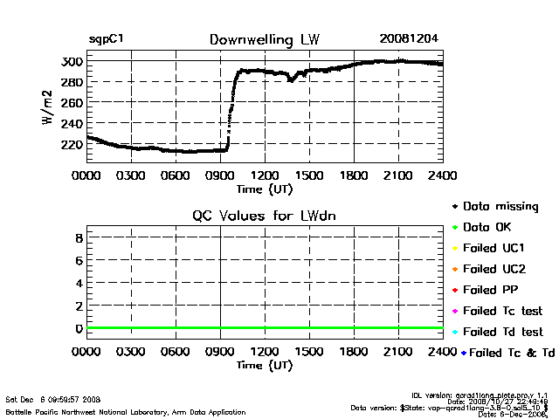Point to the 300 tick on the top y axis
coord(72,61)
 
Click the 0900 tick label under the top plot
coord(220,175)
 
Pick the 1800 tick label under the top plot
coord(354,175)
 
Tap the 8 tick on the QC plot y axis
coord(79,237)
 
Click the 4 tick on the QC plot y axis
coord(79,283)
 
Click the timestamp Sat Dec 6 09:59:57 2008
coord(53,398)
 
